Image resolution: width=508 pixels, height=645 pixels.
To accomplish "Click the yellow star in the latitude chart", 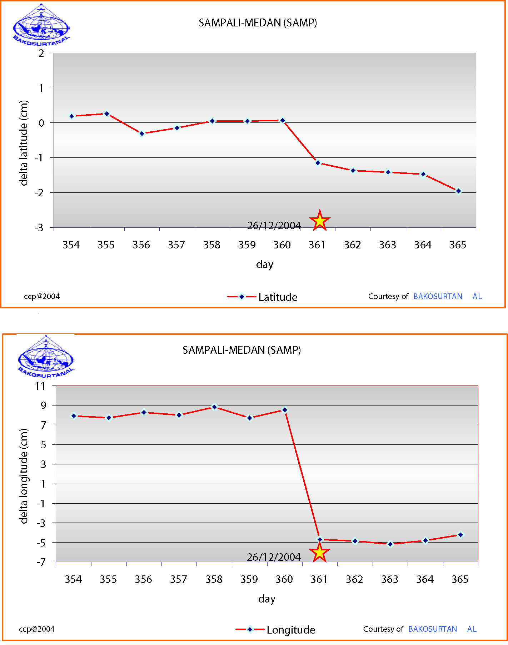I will (319, 221).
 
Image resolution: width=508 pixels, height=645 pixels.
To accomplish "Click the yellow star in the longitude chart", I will (319, 553).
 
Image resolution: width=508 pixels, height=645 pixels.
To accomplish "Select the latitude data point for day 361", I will (318, 163).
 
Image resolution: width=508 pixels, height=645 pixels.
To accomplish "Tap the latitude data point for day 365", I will (458, 191).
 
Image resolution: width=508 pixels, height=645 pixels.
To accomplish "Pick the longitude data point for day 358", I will (214, 407).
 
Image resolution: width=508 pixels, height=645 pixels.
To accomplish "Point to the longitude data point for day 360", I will (285, 410).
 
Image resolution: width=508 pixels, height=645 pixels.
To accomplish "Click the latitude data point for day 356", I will (142, 133).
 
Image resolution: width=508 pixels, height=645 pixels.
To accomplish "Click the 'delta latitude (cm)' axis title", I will (24, 143).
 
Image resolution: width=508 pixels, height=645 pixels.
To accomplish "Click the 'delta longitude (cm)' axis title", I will (24, 476).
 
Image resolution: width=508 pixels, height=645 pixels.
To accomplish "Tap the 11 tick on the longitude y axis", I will (40, 386).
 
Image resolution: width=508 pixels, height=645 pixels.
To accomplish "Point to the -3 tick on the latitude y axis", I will (39, 228).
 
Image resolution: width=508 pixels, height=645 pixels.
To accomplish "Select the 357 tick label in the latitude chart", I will (176, 245).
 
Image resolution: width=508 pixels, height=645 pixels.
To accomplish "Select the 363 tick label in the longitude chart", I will (389, 579).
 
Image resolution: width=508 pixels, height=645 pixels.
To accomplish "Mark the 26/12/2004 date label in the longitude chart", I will (274, 557).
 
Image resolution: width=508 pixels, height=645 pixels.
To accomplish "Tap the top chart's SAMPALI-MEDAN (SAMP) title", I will (258, 23).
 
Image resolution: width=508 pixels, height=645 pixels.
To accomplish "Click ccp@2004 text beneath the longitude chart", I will (37, 629).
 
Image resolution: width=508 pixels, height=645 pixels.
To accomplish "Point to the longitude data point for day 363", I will (390, 544).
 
